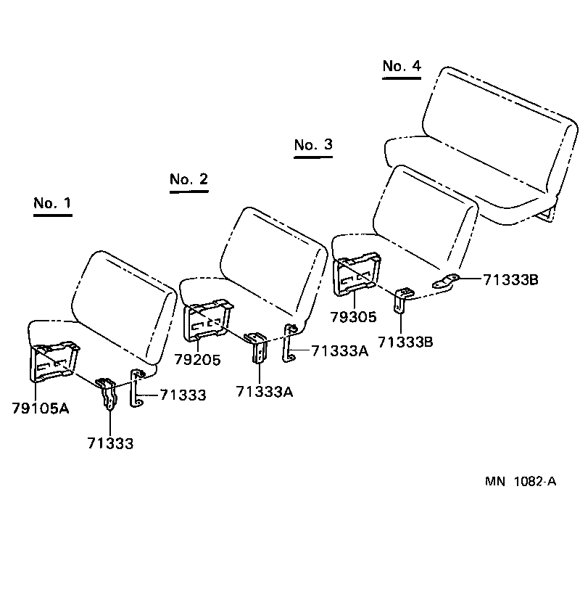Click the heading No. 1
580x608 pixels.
click(x=52, y=203)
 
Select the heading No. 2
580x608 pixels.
click(x=188, y=179)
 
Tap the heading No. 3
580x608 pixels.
click(x=313, y=144)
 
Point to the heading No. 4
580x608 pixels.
click(x=402, y=66)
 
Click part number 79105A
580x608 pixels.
click(x=41, y=408)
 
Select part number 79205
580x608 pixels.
click(x=197, y=359)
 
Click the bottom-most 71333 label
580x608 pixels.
click(x=110, y=443)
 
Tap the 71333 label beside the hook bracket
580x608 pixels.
click(x=183, y=395)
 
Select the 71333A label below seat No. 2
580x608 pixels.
click(x=264, y=392)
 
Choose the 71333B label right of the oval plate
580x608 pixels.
click(x=510, y=279)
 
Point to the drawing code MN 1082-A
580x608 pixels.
click(x=521, y=482)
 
